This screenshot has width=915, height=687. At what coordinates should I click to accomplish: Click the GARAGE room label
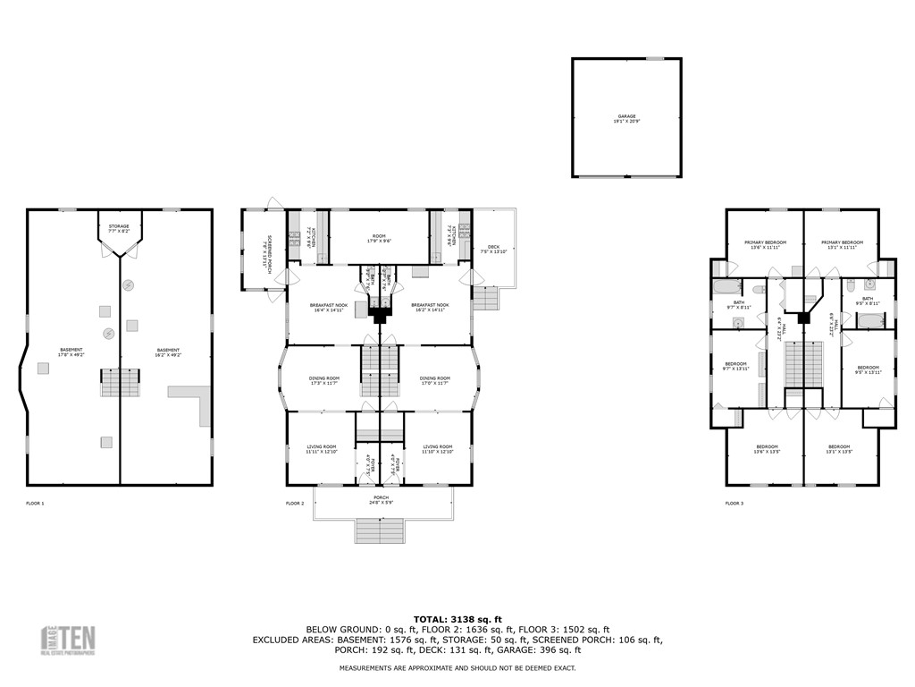625,118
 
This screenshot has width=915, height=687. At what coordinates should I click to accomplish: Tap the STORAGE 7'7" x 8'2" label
119,228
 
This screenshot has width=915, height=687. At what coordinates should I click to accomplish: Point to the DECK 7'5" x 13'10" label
493,250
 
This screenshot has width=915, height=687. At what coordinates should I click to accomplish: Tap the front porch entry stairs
381,530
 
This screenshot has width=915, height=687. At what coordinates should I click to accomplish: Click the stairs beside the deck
484,298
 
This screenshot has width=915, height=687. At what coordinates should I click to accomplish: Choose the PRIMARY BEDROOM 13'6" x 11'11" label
766,244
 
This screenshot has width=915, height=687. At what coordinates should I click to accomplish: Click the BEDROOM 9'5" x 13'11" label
869,369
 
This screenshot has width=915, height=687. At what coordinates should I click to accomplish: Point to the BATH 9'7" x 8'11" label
739,304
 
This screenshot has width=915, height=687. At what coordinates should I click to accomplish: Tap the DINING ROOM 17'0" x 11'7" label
434,380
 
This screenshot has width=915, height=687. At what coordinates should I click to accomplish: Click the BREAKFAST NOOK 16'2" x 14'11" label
430,308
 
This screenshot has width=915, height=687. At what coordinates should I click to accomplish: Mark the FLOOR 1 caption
35,504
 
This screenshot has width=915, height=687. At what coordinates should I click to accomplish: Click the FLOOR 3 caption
735,504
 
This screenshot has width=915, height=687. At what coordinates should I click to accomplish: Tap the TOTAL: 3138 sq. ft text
457,619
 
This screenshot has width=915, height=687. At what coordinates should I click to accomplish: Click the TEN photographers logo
70,640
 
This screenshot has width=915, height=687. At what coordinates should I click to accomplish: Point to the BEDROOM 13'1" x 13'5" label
838,449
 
